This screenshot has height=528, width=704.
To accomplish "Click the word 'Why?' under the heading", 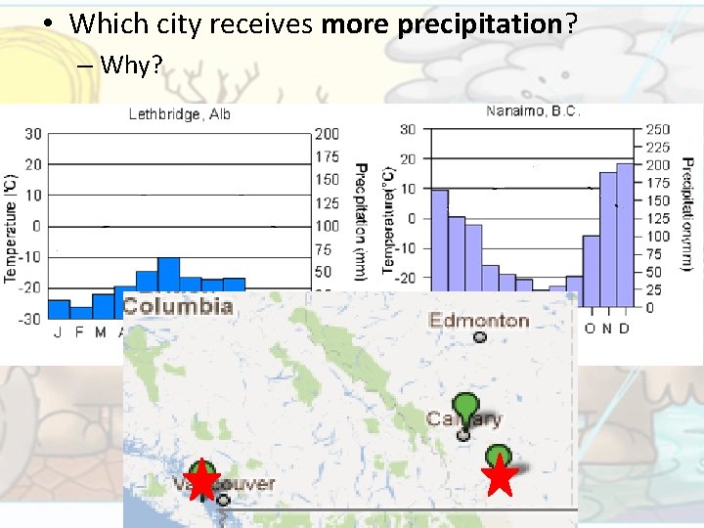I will (133, 66).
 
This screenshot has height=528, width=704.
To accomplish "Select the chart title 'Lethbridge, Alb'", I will (180, 114).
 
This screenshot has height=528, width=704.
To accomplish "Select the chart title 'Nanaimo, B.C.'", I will (533, 110).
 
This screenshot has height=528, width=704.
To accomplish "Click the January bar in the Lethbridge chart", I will (59, 309).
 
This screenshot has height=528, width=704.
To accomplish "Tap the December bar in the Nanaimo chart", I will (624, 235).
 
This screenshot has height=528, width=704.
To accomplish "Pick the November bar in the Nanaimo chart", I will (607, 240).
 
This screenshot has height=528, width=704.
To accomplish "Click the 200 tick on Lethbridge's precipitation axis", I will (328, 134).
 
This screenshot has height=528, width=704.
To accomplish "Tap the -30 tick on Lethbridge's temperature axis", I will (33, 319).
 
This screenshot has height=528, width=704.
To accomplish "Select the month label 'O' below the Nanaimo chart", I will (590, 329).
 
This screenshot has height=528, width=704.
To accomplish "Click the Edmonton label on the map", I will (479, 320).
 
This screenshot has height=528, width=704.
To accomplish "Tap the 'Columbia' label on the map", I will (178, 305).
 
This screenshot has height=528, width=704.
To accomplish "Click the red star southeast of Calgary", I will (500, 477).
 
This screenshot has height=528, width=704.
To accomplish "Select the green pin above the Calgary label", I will (466, 405).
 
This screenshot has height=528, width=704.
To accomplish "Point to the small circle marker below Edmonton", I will (479, 338).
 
